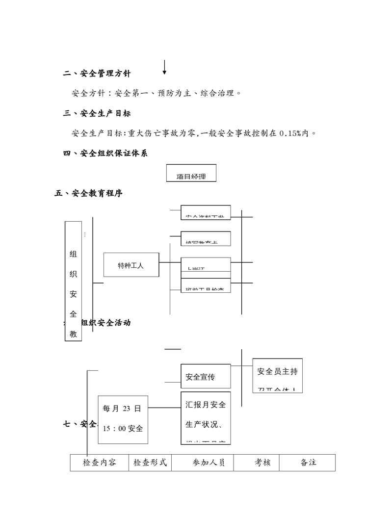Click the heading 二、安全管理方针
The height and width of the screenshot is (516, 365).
tap(97, 74)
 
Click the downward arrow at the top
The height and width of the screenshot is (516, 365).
tap(164, 68)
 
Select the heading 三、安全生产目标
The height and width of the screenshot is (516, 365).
tap(97, 113)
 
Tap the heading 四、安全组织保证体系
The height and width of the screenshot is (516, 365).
tap(105, 154)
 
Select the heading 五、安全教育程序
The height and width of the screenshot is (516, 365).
tap(88, 193)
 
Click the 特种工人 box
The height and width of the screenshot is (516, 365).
tap(131, 265)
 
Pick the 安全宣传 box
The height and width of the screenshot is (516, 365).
tap(205, 376)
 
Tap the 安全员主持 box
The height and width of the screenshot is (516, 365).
tap(277, 375)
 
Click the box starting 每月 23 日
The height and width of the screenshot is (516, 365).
tap(123, 419)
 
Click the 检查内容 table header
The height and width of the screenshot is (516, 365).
tap(100, 463)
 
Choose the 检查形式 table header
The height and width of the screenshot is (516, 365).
tap(150, 463)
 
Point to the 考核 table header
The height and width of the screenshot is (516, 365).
tap(262, 463)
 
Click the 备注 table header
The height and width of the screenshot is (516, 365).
tap(308, 463)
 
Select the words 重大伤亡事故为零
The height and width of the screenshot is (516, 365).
tap(162, 133)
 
